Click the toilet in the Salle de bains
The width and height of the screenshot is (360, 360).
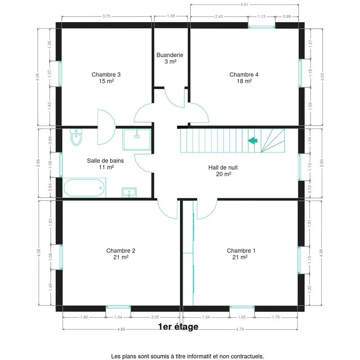76,137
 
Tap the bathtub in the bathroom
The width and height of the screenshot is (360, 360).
84,188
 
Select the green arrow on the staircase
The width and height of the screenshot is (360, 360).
252,140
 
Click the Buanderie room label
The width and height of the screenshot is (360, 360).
170,55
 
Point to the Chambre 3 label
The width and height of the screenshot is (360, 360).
106,75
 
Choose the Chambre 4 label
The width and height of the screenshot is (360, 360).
244,75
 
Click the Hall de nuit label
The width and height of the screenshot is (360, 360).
223,167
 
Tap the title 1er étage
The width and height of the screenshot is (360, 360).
178,327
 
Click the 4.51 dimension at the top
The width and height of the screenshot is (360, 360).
244,4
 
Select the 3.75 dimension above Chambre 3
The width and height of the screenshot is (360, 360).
107,16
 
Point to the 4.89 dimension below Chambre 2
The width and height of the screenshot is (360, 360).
121,329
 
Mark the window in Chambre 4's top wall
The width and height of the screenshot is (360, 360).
261,27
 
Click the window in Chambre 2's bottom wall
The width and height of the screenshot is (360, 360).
118,307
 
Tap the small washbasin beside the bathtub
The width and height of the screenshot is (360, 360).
129,193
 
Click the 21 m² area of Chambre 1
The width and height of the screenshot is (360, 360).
240,257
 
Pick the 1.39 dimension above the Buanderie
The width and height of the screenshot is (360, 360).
171,16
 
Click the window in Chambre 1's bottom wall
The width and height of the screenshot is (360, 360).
242,307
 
